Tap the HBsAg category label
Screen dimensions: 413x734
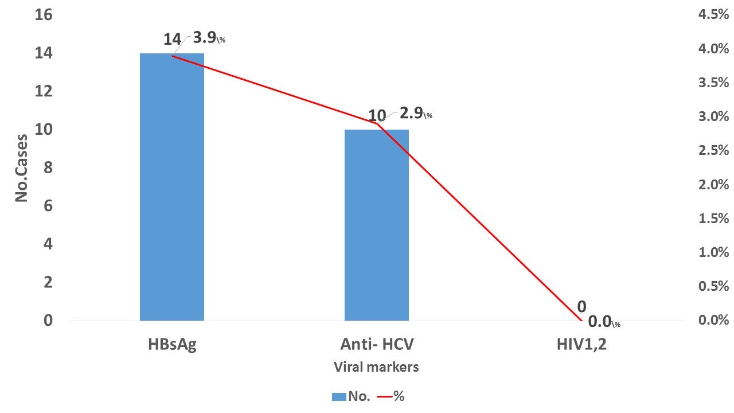point(172,345)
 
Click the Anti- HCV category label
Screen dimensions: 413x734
point(377,345)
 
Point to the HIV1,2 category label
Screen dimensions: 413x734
point(581,345)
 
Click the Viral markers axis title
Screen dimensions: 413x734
point(376,367)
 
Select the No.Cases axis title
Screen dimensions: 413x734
point(22,167)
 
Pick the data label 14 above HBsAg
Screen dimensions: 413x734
point(172,40)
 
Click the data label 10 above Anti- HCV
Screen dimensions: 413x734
point(377,116)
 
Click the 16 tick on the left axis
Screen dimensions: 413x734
point(44,14)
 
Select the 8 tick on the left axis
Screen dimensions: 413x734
point(48,167)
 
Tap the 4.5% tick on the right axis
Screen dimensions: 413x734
point(713,14)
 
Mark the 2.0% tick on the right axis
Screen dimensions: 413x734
point(713,184)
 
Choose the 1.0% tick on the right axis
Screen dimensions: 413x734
point(713,252)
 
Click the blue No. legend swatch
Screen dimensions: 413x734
point(339,396)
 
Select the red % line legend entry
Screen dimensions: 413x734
point(392,396)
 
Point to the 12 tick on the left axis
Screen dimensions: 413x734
point(44,91)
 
